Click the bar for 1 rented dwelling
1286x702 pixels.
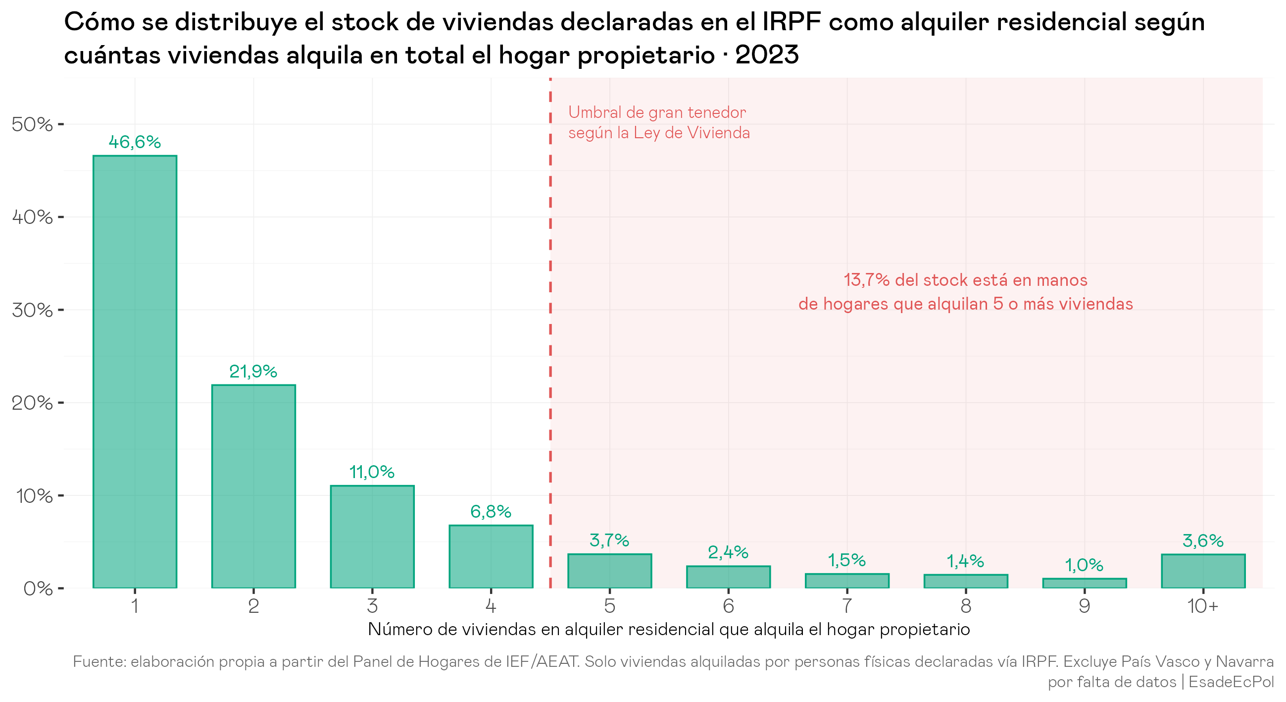(x=135, y=372)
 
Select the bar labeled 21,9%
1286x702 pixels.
(x=253, y=486)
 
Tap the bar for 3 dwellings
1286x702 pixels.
(x=372, y=537)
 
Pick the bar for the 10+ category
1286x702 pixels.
(x=1203, y=571)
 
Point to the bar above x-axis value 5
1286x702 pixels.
(x=609, y=571)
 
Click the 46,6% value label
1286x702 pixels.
(x=135, y=142)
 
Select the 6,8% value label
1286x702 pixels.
(x=491, y=512)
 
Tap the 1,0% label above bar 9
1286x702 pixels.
(x=1085, y=565)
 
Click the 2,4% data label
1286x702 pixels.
(x=728, y=552)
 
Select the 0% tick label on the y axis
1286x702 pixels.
(x=38, y=589)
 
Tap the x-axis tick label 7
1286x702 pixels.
(x=847, y=606)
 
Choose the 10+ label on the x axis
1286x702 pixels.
(x=1203, y=606)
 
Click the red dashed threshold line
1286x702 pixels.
(x=550, y=333)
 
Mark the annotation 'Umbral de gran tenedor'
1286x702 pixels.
(x=657, y=112)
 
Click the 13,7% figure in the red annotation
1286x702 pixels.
(x=867, y=280)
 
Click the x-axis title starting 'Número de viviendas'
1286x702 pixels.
(x=669, y=630)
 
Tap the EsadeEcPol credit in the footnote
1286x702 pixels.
(x=1232, y=682)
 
